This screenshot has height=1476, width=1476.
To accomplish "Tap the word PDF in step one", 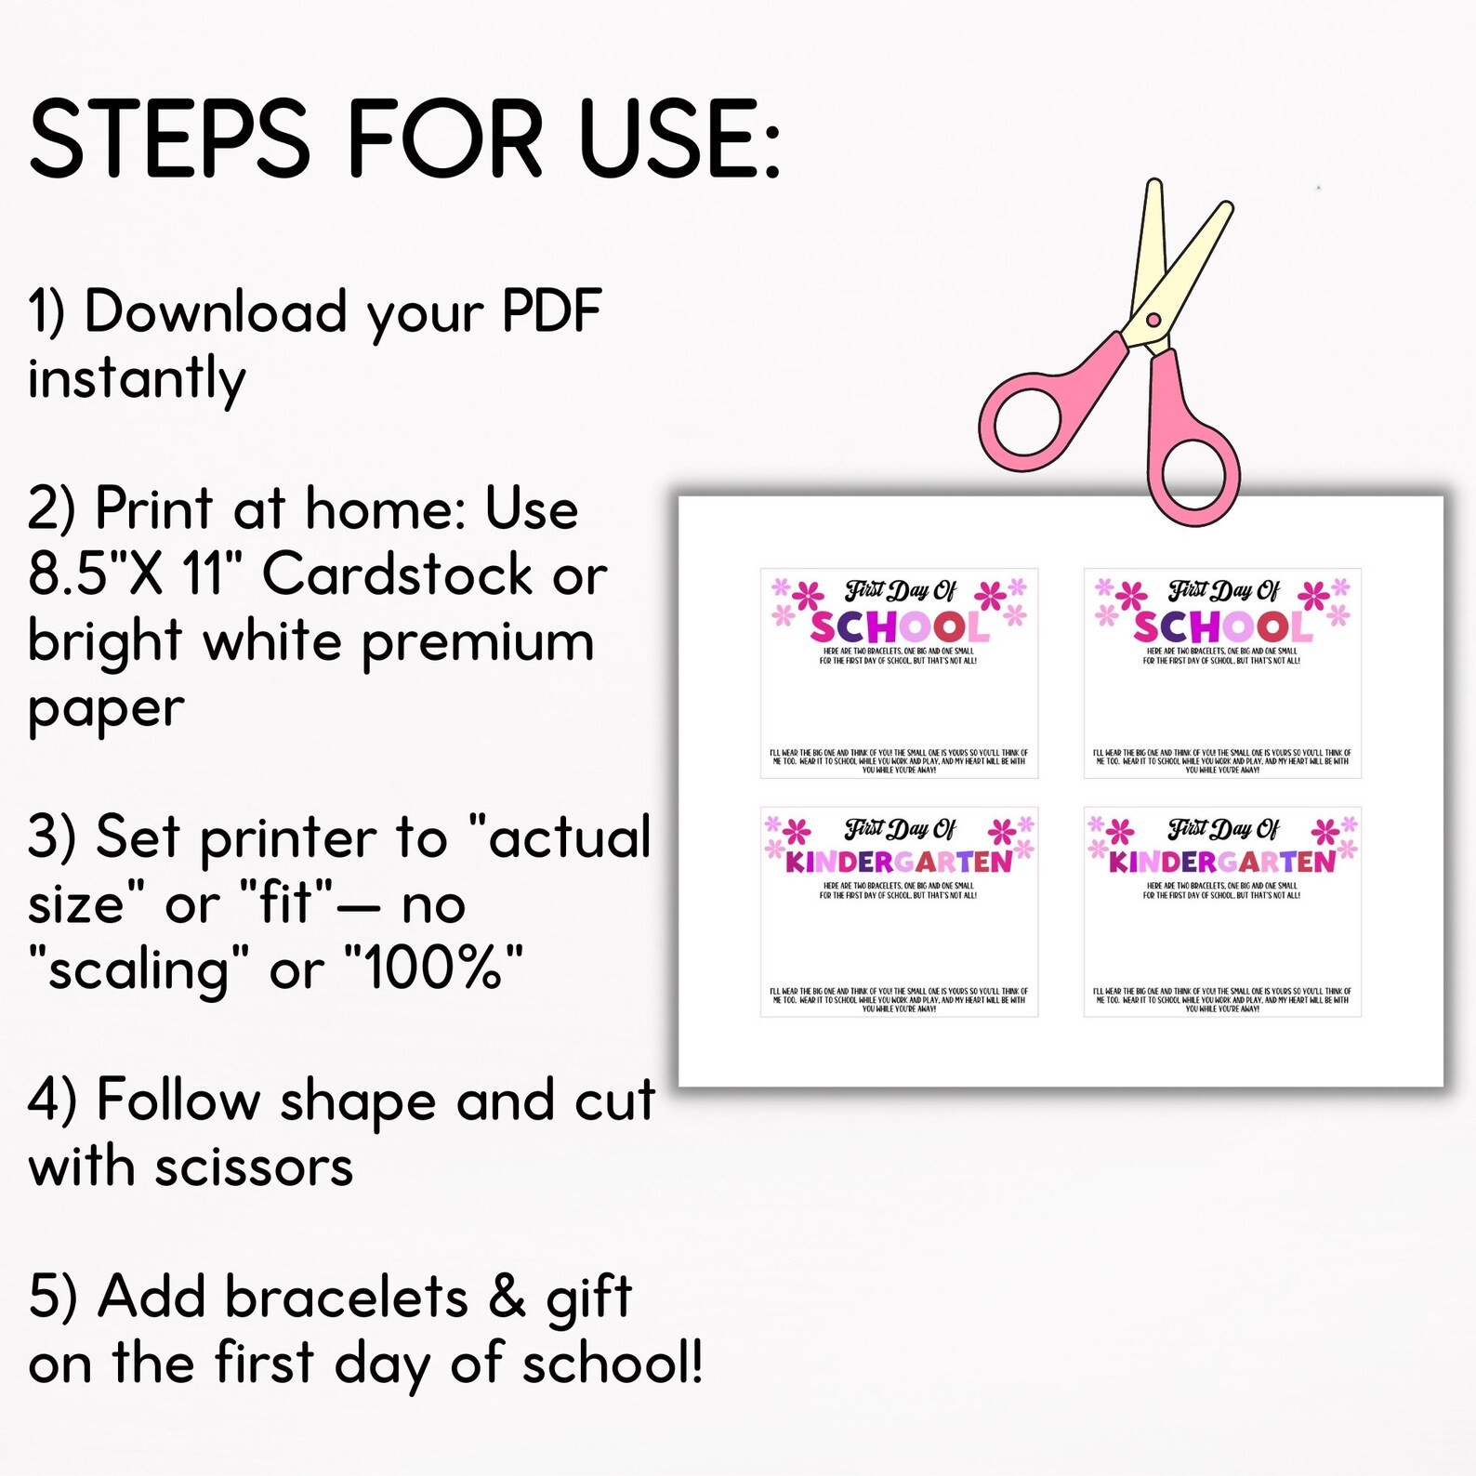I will (552, 311).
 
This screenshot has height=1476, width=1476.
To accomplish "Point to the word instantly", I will (137, 379).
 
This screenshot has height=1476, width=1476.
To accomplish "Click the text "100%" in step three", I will (433, 969).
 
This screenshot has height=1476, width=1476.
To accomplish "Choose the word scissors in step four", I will (254, 1167).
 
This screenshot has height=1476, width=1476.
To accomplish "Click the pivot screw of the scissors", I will (1153, 321).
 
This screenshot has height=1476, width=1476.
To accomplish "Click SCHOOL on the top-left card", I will (898, 627).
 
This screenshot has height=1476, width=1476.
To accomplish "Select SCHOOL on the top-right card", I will (1221, 627).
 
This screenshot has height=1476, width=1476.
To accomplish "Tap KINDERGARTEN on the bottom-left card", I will (898, 863).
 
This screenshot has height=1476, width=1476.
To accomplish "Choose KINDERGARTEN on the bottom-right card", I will (1221, 863).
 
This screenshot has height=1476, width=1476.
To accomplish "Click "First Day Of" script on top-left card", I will (900, 590).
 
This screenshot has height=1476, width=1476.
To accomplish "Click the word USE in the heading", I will (678, 139).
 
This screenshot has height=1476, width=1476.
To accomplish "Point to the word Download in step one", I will (216, 311).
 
